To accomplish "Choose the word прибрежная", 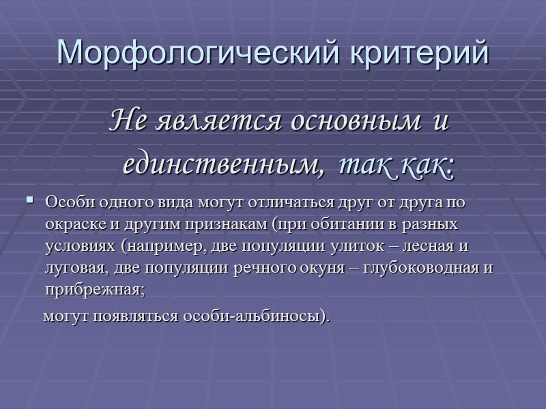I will pos(94,288).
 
